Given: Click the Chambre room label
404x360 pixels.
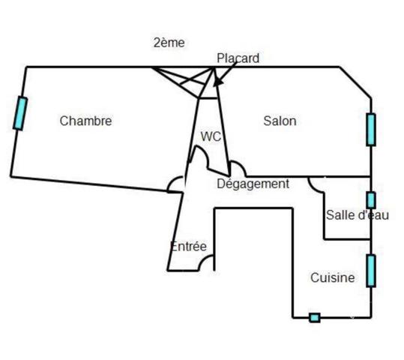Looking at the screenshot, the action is point(85,121).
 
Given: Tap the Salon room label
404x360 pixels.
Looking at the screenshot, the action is point(280,121).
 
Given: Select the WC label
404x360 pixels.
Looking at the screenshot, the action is point(211,136).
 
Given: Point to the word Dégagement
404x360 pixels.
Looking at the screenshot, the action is point(253,184).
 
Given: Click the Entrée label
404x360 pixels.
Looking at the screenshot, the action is point(189,246).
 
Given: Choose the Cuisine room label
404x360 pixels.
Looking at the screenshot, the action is point(333,277).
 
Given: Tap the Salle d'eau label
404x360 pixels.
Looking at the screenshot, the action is point(358,215).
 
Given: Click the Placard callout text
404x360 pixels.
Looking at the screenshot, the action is point(238,58).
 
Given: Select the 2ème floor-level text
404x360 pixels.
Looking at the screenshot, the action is point(169,43).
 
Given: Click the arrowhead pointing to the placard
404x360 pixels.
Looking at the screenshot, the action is point(218,82).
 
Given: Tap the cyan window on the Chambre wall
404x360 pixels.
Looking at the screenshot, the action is point(20,113).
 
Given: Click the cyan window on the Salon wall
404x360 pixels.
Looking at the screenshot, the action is point(371,130).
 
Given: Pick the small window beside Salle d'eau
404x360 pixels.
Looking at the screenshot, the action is point(371,200).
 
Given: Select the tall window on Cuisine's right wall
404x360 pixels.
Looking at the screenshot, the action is point(371,271).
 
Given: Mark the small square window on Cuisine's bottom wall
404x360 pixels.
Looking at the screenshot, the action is point(315,318).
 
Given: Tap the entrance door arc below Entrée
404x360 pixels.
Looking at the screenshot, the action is point(203,259).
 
